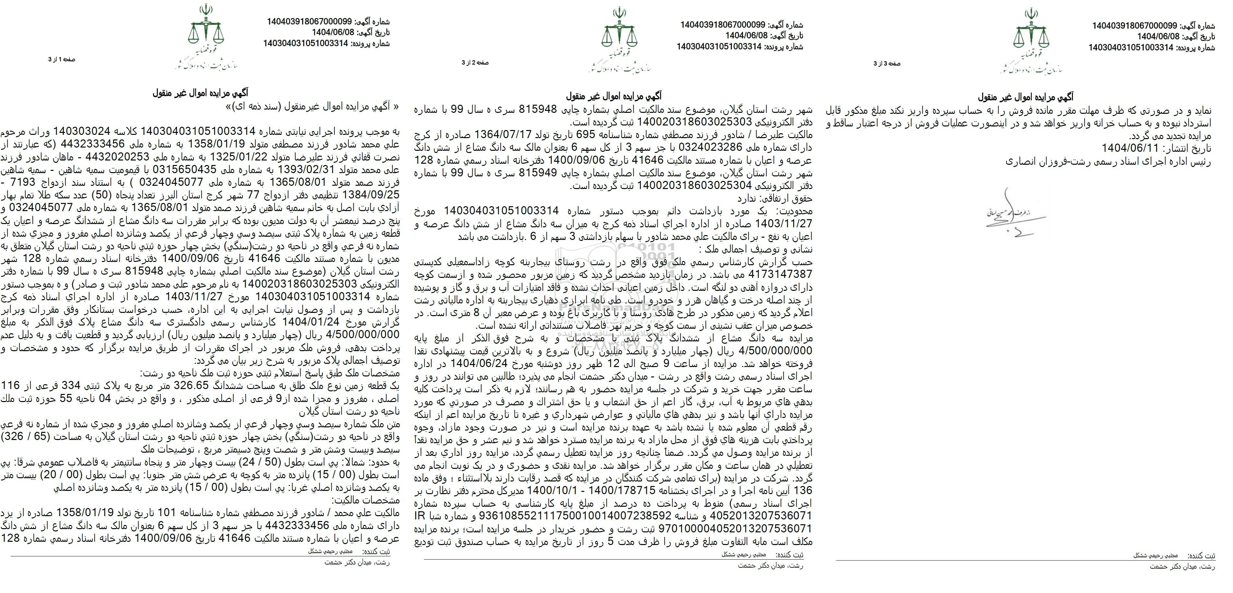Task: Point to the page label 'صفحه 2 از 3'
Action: pyautogui.click(x=475, y=63)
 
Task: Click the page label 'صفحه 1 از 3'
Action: pyautogui.click(x=61, y=59)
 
